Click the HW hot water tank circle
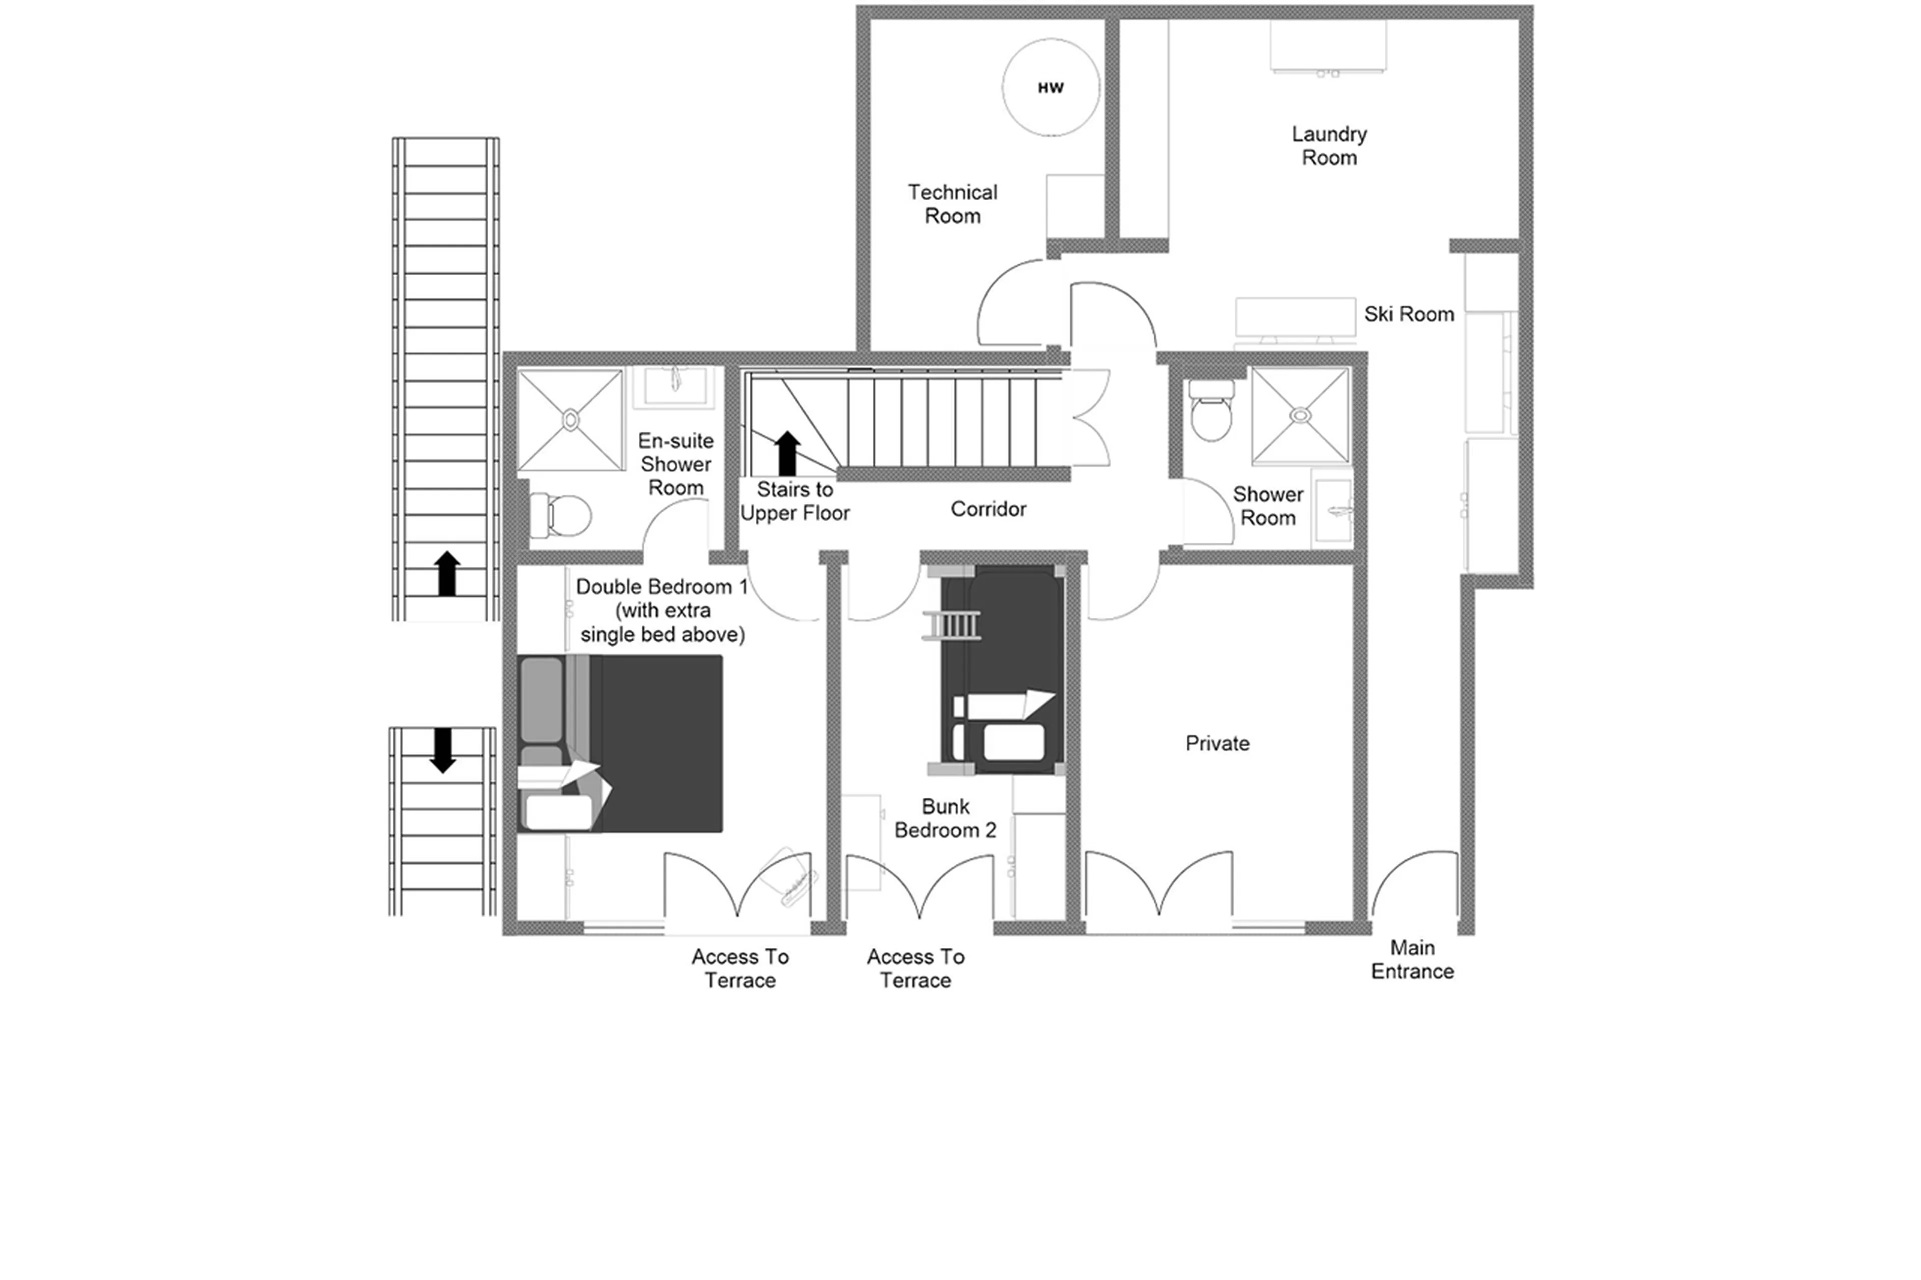click(x=1050, y=88)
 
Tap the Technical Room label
click(x=952, y=204)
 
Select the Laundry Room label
click(x=1328, y=145)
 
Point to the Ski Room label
click(x=1408, y=314)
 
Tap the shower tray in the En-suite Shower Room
click(x=570, y=420)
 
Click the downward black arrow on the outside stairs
click(x=443, y=749)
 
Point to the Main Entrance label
click(x=1412, y=959)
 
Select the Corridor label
click(x=988, y=509)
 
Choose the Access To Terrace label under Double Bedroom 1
click(x=740, y=968)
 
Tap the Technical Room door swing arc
click(x=1011, y=302)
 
